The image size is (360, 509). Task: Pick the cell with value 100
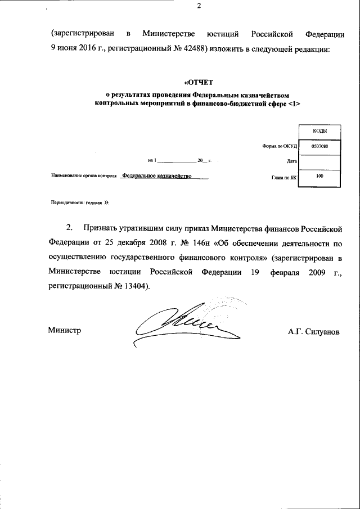320,177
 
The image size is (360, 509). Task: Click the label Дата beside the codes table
291,161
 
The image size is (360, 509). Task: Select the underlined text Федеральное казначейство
158,176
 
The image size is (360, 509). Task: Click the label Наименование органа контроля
83,177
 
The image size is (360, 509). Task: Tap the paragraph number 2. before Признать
70,229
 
